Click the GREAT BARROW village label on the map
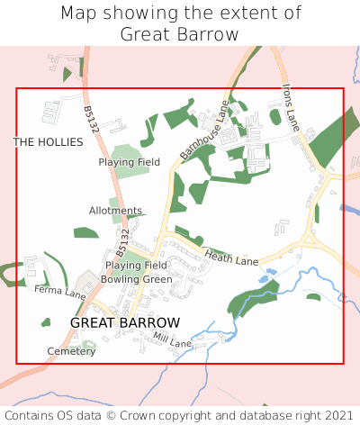(x=125, y=322)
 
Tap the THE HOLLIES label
(x=48, y=142)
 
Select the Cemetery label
(x=72, y=351)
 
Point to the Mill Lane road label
(x=173, y=340)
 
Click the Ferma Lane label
(x=59, y=292)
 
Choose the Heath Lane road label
(x=231, y=258)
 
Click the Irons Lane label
(x=289, y=106)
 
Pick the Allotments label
(x=115, y=211)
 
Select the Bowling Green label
(x=136, y=279)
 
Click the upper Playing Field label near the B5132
(x=130, y=162)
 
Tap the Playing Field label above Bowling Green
(x=136, y=266)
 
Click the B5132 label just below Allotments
(x=123, y=240)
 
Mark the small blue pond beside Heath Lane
(x=262, y=280)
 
